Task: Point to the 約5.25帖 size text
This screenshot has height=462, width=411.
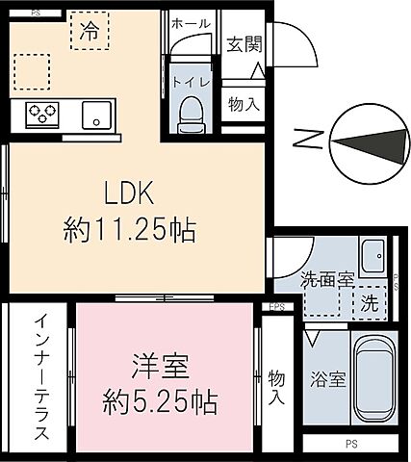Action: pos(160,398)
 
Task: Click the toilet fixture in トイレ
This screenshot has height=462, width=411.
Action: pos(191,112)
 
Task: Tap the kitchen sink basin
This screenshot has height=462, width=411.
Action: pos(97,115)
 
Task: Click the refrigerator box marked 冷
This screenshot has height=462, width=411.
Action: pos(89,30)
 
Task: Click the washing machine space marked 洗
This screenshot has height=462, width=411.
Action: pos(370,301)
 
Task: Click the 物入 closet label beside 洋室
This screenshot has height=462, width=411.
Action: pos(277,384)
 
